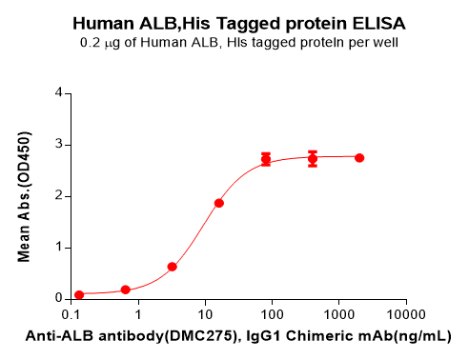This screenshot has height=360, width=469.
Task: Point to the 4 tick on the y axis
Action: pos(59,93)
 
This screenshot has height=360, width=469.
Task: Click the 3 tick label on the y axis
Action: pos(59,145)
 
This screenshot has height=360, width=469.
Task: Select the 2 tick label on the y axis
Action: pos(59,196)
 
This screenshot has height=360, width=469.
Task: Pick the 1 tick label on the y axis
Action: pos(59,247)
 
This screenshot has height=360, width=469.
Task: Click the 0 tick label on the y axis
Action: pos(59,298)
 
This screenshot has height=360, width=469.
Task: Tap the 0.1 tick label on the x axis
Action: pos(71,313)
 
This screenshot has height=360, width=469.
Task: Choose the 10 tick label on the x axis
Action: pos(205,313)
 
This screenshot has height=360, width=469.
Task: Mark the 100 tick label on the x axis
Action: pos(272,313)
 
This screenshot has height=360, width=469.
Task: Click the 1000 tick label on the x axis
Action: pos(338,313)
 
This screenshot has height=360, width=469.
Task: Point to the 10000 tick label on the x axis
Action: pos(405,313)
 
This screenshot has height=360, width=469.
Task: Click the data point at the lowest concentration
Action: pos(79,294)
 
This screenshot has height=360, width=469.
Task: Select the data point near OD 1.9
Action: pos(219,203)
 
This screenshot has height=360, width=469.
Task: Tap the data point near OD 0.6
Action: pos(172,267)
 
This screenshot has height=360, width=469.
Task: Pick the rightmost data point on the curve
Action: pos(359,157)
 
